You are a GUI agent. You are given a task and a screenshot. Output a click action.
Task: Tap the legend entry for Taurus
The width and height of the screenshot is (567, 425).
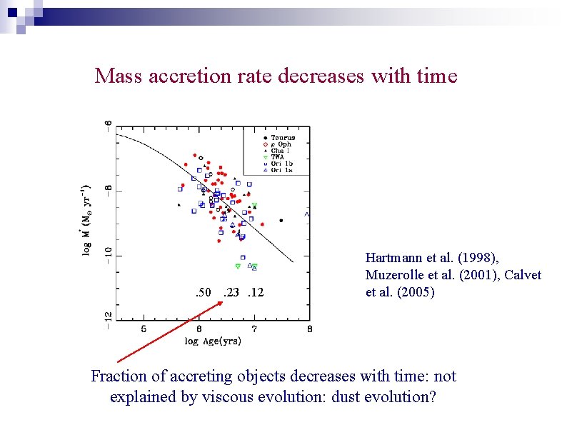pyautogui.click(x=282, y=137)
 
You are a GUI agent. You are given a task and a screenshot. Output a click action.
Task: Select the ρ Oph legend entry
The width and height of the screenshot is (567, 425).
pyautogui.click(x=281, y=144)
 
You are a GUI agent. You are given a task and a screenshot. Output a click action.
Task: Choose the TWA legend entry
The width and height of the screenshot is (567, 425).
pyautogui.click(x=278, y=157)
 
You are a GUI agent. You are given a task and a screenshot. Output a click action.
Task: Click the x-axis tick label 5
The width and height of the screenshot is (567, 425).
pyautogui.click(x=144, y=329)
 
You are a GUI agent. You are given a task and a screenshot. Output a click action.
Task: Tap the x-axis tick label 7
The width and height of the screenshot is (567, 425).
pyautogui.click(x=254, y=329)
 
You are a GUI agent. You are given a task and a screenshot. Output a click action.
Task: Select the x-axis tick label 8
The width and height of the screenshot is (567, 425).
pyautogui.click(x=309, y=329)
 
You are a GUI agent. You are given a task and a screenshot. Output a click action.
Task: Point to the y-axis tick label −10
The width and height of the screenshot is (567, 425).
pyautogui.click(x=109, y=255)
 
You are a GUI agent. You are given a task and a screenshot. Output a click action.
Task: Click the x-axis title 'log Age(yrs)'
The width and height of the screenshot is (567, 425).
pyautogui.click(x=213, y=341)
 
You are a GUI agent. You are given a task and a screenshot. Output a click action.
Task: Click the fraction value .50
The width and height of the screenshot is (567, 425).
pyautogui.click(x=203, y=292)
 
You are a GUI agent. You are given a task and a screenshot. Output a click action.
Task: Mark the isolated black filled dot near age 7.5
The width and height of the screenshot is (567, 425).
pyautogui.click(x=281, y=221)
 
